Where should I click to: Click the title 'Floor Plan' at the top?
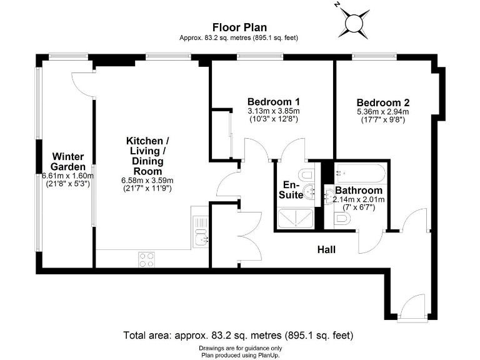click(239, 27)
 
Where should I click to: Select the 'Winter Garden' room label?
click(68, 161)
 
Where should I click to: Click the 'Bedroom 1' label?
click(273, 102)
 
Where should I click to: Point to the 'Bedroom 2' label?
click(382, 103)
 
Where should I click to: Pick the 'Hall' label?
click(326, 250)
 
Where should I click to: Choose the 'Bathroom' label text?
click(358, 191)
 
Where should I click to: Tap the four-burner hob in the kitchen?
click(146, 259)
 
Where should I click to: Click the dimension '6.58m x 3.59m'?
click(146, 180)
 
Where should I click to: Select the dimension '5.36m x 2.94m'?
click(382, 112)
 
